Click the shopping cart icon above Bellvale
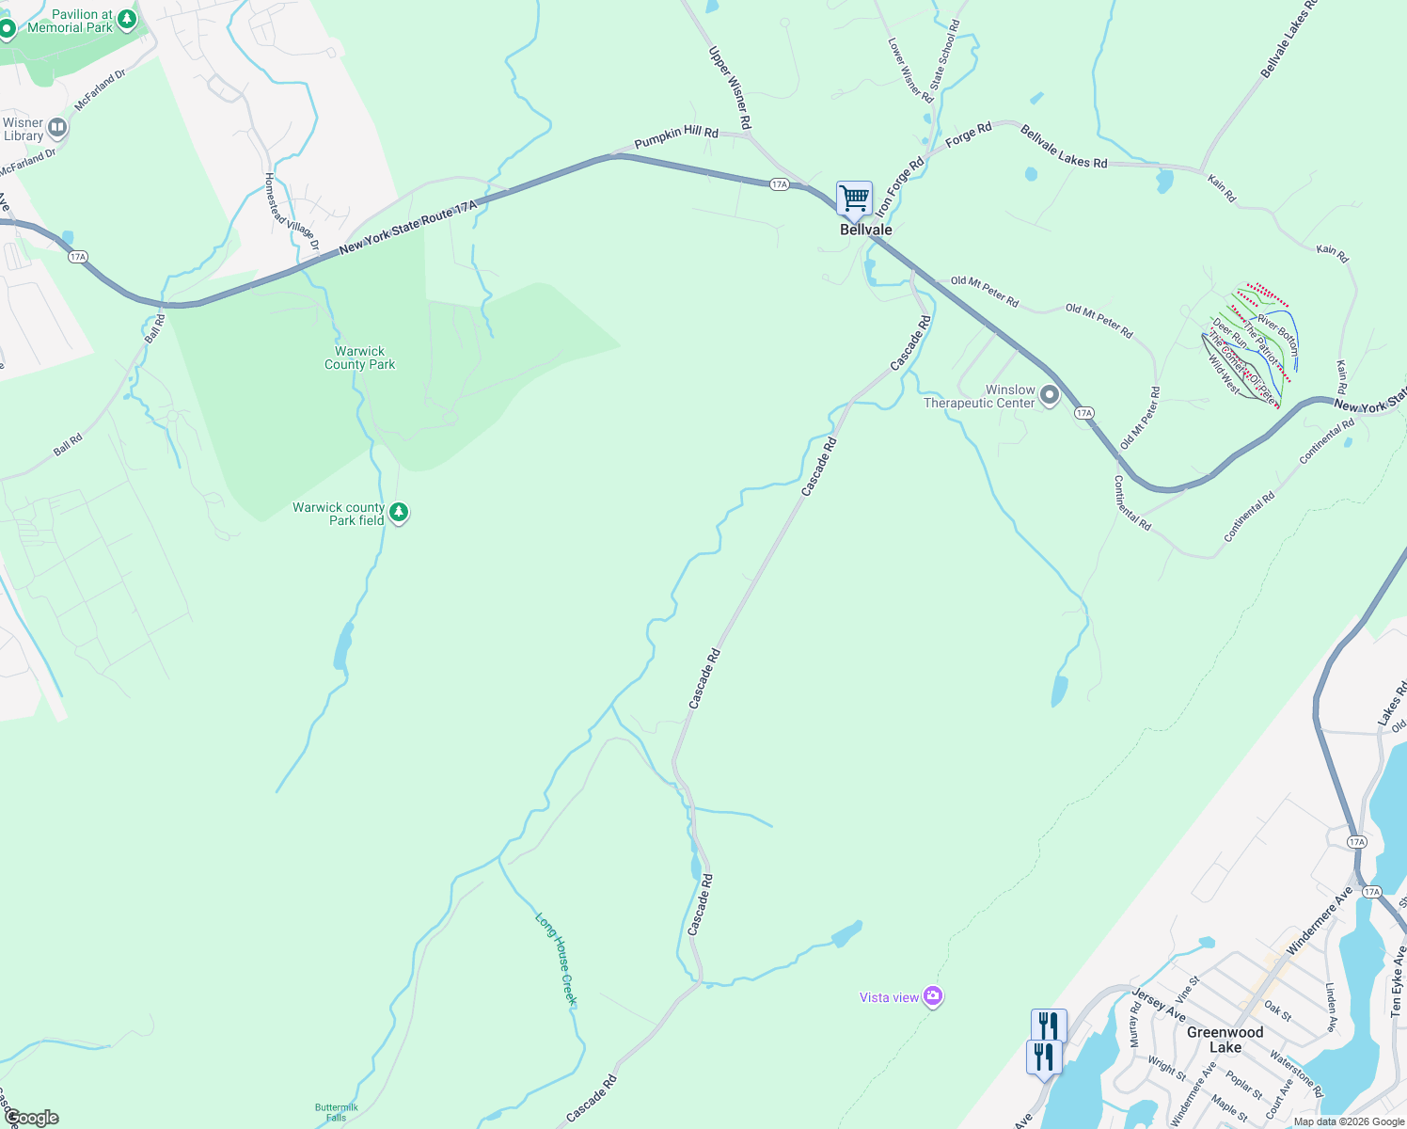coord(854,199)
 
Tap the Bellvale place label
coord(865,230)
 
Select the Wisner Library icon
coord(57,127)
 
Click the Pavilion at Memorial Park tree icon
coord(127,19)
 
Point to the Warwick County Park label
coord(359,358)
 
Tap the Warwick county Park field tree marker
coord(399,513)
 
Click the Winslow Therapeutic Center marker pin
coord(1050,395)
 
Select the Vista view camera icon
coord(932,996)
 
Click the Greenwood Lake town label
coord(1225,1040)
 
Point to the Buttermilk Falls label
coord(336,1112)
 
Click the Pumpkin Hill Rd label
coord(676,137)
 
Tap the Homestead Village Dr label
coord(292,212)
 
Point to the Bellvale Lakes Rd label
coord(1064,148)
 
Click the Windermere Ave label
coord(1319,919)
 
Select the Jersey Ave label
coord(1158,1004)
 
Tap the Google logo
coord(31,1118)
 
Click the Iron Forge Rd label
coord(900,185)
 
